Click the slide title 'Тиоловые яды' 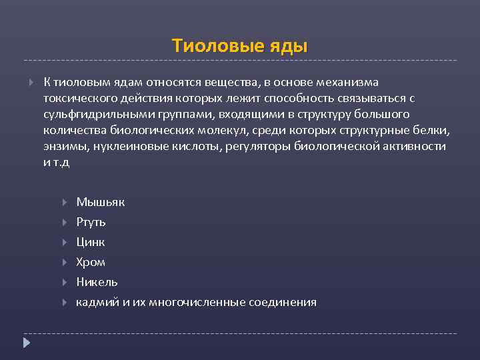239,45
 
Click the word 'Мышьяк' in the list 100,202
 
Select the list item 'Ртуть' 91,222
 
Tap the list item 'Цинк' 90,242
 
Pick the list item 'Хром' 91,262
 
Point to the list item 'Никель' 97,282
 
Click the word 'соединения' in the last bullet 282,302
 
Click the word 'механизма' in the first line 347,82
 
